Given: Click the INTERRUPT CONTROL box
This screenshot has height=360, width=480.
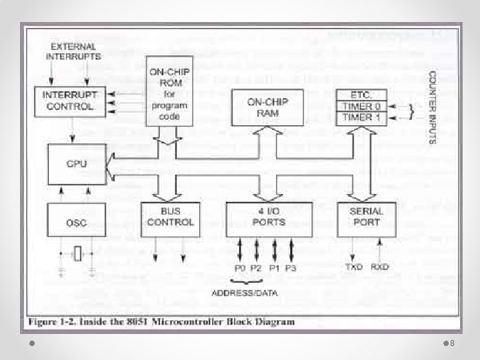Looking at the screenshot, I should pyautogui.click(x=69, y=101).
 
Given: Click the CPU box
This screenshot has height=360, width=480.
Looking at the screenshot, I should pyautogui.click(x=76, y=164).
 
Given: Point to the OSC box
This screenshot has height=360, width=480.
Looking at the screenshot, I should pyautogui.click(x=76, y=223).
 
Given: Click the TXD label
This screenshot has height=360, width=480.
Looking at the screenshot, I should pyautogui.click(x=353, y=267).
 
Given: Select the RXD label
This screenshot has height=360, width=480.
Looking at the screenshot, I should pyautogui.click(x=380, y=267).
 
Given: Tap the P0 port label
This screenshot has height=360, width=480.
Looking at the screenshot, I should pyautogui.click(x=241, y=267).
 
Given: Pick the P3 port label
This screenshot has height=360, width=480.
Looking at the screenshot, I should pyautogui.click(x=291, y=267).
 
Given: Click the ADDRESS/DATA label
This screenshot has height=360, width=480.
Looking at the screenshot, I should pyautogui.click(x=245, y=293).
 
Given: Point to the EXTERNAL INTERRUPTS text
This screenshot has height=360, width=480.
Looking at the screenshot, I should pyautogui.click(x=71, y=51).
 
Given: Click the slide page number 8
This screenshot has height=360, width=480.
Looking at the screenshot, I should pyautogui.click(x=452, y=343).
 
